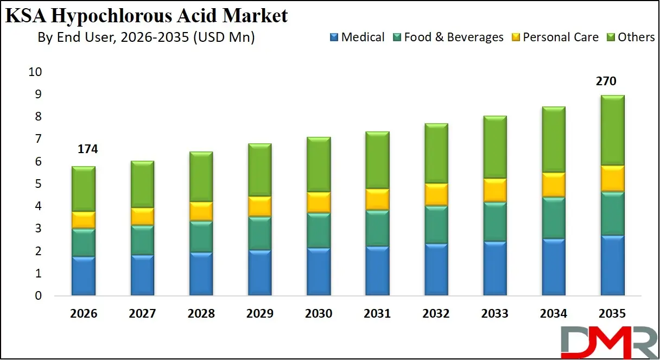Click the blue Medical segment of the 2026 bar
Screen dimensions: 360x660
pyautogui.click(x=84, y=276)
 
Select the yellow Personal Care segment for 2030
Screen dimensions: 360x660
pyautogui.click(x=319, y=202)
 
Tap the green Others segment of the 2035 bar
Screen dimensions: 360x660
pyautogui.click(x=612, y=130)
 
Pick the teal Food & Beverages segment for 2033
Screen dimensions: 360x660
pyautogui.click(x=494, y=222)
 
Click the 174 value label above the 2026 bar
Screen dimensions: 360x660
pyautogui.click(x=87, y=149)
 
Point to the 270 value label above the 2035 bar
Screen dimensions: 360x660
pyautogui.click(x=606, y=81)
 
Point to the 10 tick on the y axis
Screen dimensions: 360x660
pyautogui.click(x=35, y=72)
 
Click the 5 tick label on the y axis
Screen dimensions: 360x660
pyautogui.click(x=39, y=184)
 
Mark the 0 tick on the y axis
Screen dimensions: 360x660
pyautogui.click(x=39, y=296)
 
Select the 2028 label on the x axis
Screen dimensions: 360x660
pyautogui.click(x=201, y=314)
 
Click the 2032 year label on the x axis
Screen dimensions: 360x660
pyautogui.click(x=436, y=314)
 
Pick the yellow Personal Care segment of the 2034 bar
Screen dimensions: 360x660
pyautogui.click(x=554, y=185)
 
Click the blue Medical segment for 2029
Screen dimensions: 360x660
pyautogui.click(x=260, y=273)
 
